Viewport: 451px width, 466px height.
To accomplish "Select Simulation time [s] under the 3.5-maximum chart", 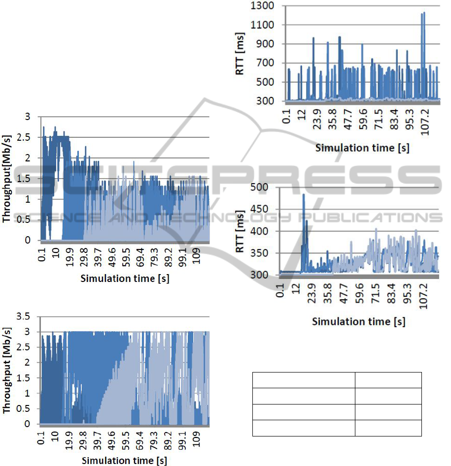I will [124, 461].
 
